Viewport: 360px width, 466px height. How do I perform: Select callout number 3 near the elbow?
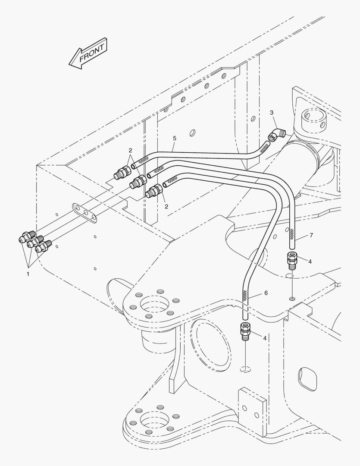pyautogui.click(x=272, y=113)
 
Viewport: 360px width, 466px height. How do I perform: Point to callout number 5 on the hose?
pyautogui.click(x=174, y=138)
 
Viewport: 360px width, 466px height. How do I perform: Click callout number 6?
pyautogui.click(x=266, y=293)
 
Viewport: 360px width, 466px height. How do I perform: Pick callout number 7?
pyautogui.click(x=311, y=236)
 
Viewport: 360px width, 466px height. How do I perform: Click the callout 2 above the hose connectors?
pyautogui.click(x=130, y=150)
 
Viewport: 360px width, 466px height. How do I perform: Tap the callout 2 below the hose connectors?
pyautogui.click(x=166, y=207)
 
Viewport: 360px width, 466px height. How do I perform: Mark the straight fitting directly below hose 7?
pyautogui.click(x=291, y=260)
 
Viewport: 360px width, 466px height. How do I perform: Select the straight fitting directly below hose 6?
pyautogui.click(x=244, y=331)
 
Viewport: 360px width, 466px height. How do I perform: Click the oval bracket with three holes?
pyautogui.click(x=85, y=212)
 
